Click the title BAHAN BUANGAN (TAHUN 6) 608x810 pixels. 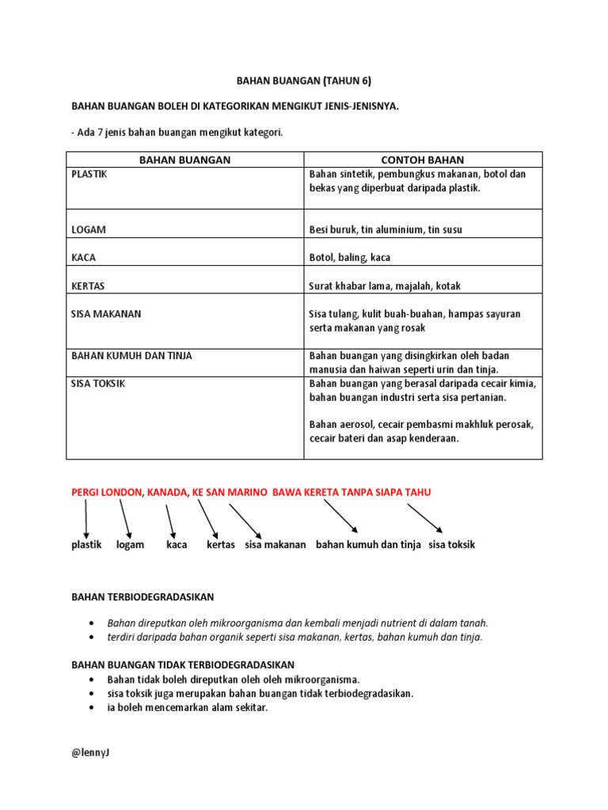[x=304, y=81]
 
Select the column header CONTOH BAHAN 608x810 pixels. [x=423, y=160]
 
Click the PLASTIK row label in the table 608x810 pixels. [x=89, y=174]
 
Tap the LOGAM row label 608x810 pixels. [x=89, y=229]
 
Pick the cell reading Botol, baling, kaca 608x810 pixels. [x=349, y=257]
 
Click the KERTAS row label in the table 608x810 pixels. [x=88, y=285]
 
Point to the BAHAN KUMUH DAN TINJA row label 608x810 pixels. [x=131, y=356]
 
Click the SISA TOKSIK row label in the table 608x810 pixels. [x=98, y=383]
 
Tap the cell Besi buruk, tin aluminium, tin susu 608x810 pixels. [x=386, y=229]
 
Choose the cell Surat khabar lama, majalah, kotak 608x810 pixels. [x=384, y=286]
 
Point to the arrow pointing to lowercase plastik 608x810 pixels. [x=85, y=520]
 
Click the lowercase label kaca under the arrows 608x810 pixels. [x=177, y=545]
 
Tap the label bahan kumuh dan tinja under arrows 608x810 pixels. [x=368, y=545]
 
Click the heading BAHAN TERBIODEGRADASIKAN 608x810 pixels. [x=142, y=596]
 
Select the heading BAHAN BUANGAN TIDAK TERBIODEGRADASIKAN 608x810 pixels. [x=183, y=665]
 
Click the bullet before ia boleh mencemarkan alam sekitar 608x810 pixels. [x=94, y=708]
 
